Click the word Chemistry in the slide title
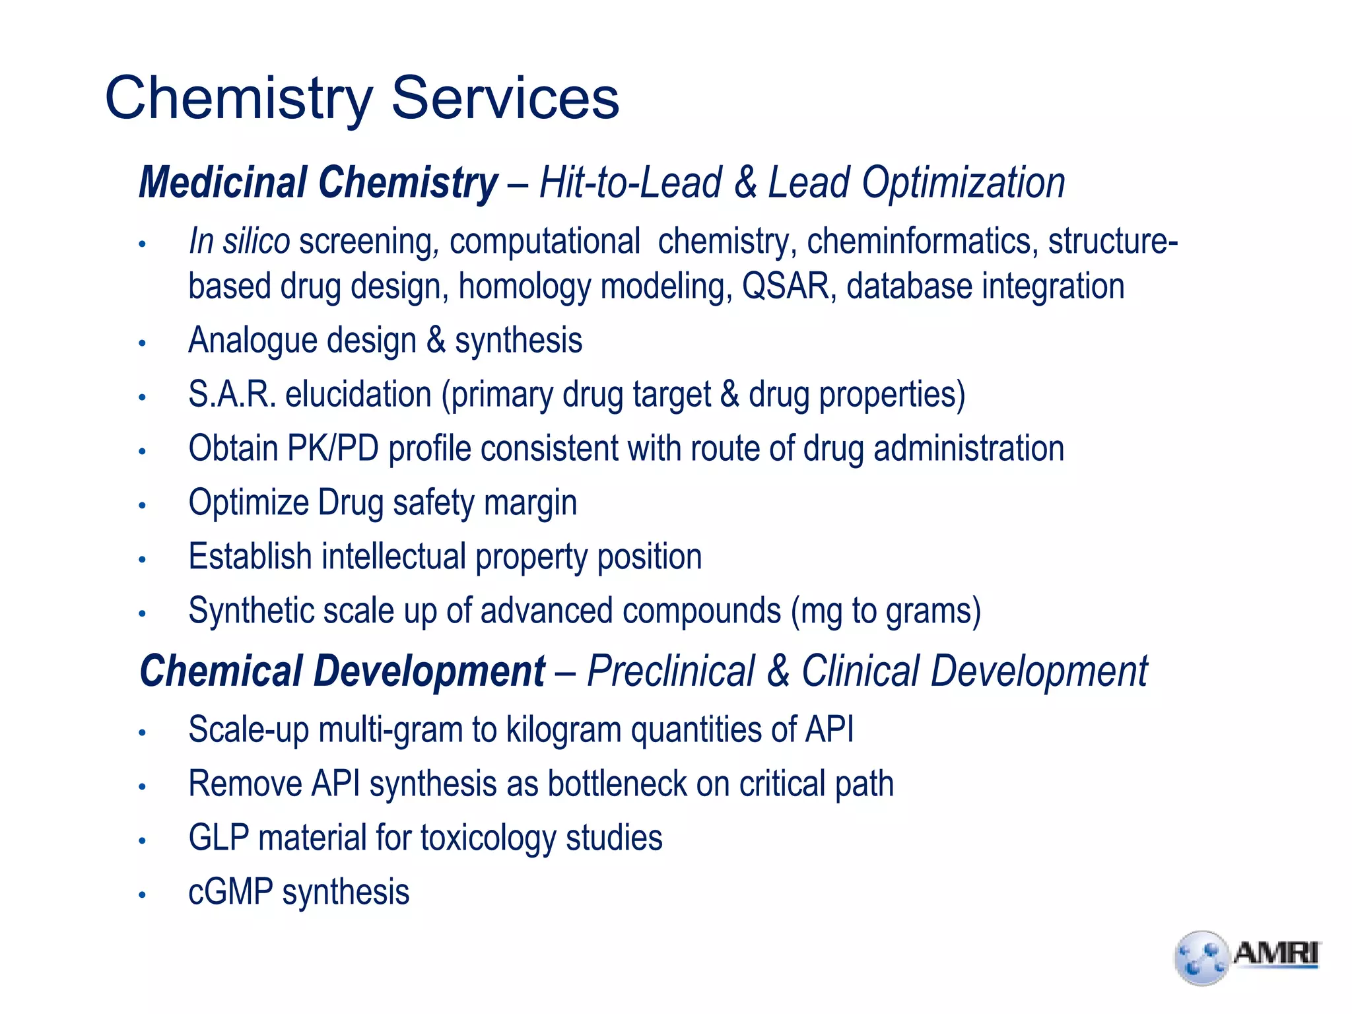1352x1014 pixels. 239,99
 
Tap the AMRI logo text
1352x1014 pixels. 1275,953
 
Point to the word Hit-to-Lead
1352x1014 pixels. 630,182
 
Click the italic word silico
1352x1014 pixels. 256,240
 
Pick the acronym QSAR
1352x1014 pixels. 785,287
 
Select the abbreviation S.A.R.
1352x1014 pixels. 231,395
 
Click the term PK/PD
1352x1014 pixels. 332,449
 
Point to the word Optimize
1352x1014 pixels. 248,503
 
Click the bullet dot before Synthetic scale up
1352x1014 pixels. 142,613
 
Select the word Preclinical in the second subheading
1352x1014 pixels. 670,671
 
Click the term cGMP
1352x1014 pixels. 230,893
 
